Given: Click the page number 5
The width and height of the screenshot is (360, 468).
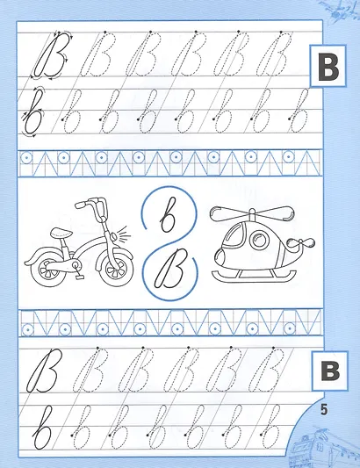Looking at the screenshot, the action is tap(324, 409).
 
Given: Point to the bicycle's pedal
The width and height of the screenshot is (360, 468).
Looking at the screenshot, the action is tap(80, 277).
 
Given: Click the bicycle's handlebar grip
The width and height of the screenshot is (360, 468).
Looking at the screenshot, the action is tap(82, 205).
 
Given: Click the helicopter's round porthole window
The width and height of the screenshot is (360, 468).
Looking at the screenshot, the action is tap(259, 241).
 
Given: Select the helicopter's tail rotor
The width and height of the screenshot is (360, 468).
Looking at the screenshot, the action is tap(301, 243).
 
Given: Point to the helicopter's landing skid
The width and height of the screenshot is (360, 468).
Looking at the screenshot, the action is tap(254, 276).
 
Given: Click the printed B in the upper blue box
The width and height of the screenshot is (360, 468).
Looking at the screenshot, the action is tap(328, 67).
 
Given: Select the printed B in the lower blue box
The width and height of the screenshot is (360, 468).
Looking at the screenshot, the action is tap(331, 371).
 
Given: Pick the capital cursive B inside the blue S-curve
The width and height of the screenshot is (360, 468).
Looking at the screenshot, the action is tap(170, 269).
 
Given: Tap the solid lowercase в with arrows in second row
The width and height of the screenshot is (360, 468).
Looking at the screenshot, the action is tap(32, 112).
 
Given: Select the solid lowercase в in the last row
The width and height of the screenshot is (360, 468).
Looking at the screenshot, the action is tap(42, 427).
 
